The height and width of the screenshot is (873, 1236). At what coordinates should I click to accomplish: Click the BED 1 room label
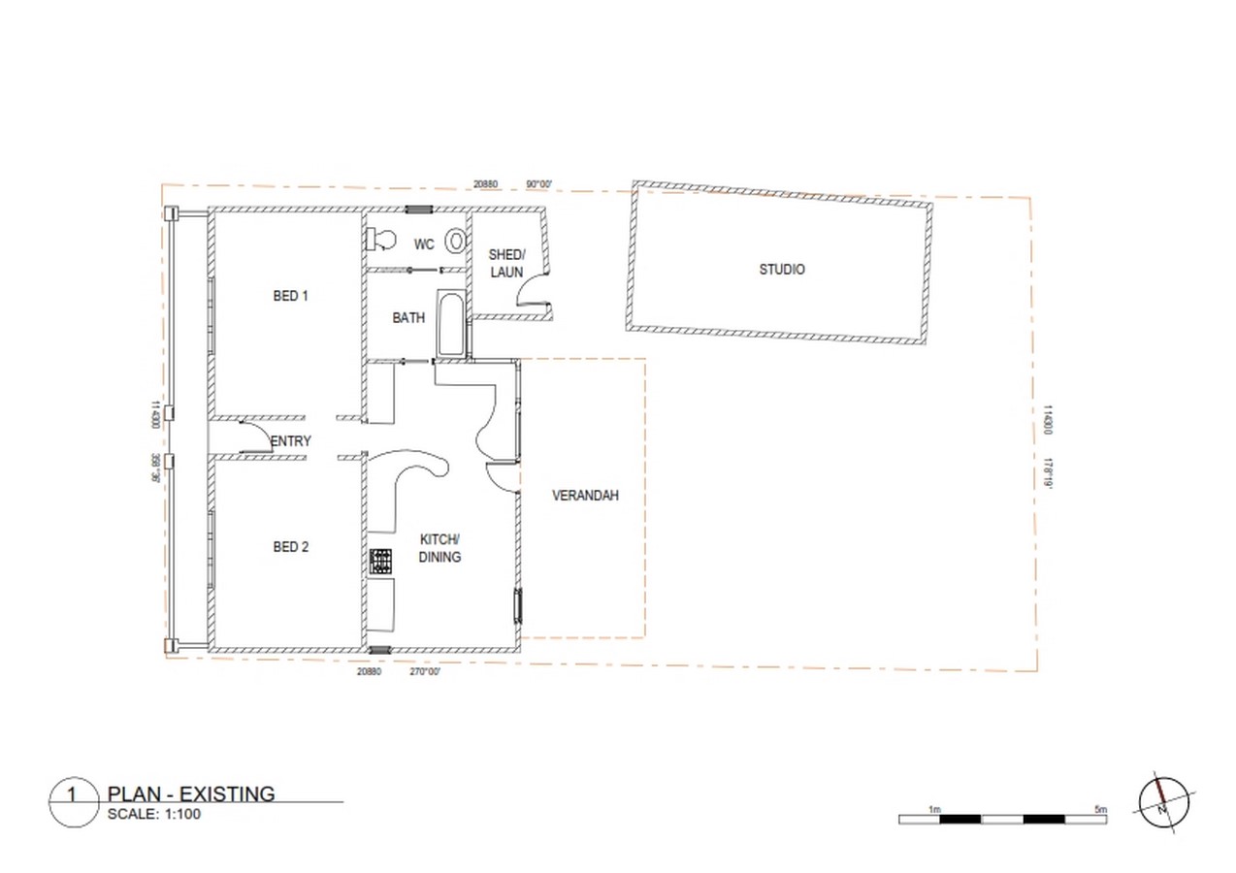(x=290, y=296)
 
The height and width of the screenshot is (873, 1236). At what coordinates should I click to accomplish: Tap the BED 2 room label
(x=291, y=547)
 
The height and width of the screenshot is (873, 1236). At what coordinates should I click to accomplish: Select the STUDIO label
(x=782, y=270)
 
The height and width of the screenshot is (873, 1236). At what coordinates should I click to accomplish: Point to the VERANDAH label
(x=585, y=496)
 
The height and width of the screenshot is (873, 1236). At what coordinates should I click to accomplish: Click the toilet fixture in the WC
(x=381, y=240)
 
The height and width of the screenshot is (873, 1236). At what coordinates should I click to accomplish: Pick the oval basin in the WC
(x=456, y=242)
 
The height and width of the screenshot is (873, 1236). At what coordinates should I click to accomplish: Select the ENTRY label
(x=291, y=441)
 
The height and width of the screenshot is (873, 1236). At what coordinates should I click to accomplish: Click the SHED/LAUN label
(x=506, y=263)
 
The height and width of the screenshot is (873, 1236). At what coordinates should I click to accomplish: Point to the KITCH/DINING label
(x=439, y=548)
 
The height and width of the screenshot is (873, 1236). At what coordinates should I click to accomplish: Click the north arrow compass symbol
(x=1163, y=803)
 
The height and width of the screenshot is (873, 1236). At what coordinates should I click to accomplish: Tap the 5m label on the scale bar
(x=1101, y=810)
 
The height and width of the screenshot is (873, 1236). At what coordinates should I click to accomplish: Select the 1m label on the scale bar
(x=934, y=810)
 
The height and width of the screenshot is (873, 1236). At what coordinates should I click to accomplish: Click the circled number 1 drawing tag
(x=74, y=802)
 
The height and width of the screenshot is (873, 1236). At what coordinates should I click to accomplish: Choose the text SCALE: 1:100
(x=154, y=814)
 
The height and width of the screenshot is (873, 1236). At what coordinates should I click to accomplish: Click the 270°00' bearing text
(x=425, y=671)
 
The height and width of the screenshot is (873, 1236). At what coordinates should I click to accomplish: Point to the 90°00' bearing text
(x=538, y=183)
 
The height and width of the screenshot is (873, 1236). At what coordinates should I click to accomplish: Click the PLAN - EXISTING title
(x=191, y=793)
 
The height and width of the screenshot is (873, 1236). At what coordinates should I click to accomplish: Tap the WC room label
(x=424, y=243)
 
